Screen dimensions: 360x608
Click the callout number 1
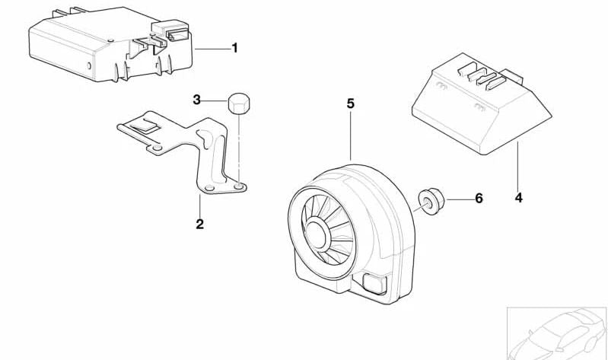coord(234,48)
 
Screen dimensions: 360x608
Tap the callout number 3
coord(196,100)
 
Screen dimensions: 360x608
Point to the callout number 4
coord(518,198)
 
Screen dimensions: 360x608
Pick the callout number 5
coord(350,104)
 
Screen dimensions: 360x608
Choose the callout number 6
coord(478,199)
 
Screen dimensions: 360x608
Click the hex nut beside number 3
coord(240,102)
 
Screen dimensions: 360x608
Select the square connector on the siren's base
coord(375,284)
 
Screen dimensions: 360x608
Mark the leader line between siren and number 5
coord(350,137)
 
